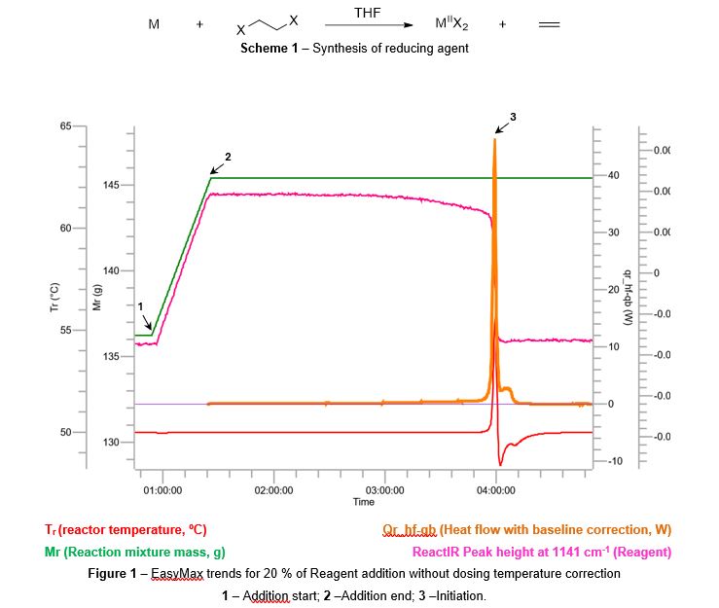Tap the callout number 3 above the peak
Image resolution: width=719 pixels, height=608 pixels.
(x=513, y=117)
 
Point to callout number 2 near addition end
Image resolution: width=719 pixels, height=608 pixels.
(x=228, y=156)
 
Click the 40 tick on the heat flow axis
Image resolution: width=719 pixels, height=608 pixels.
(x=612, y=175)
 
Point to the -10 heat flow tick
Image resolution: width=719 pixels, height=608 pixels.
(x=613, y=460)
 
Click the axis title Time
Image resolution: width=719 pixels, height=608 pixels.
(x=363, y=502)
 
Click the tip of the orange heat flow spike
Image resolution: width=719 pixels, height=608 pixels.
(x=495, y=140)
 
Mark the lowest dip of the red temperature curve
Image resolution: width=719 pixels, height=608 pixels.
(x=500, y=464)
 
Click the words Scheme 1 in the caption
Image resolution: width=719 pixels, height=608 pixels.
(x=270, y=48)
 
